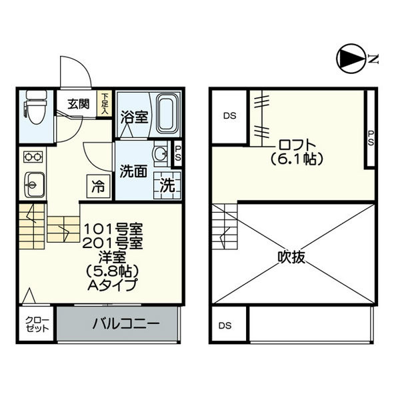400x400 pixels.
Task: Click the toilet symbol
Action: coord(36,107)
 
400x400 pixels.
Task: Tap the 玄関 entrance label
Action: coord(79,105)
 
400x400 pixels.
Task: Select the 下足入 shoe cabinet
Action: coord(105,103)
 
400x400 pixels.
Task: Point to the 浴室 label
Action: coord(135,117)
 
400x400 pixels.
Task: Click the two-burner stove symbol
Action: coord(33,157)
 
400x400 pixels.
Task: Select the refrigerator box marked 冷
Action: coord(99,186)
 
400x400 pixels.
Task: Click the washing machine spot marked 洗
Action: coord(167,185)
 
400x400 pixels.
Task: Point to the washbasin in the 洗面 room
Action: coord(161,154)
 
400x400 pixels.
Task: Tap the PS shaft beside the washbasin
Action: coord(177,154)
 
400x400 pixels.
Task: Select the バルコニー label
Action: coord(126,324)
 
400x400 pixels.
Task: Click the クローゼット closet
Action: coord(37,324)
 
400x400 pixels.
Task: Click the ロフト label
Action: coord(297,145)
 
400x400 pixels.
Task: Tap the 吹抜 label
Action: coord(291,257)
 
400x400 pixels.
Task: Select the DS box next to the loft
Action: coord(229,116)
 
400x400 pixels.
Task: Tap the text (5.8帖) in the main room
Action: coord(112,271)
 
